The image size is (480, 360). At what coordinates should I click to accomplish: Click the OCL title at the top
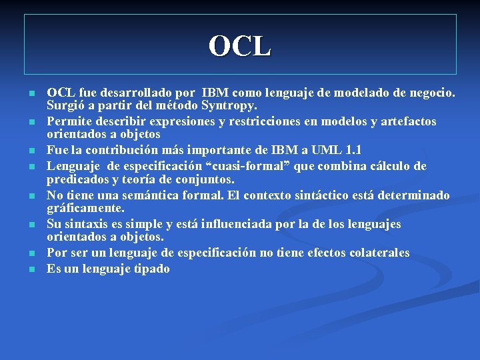pyautogui.click(x=240, y=46)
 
